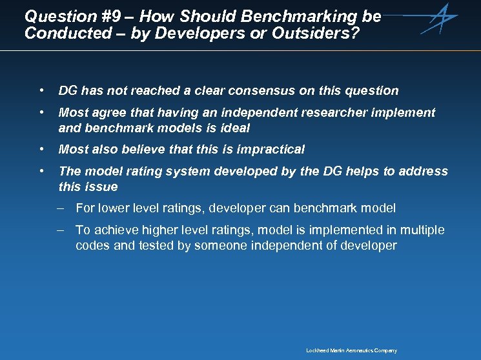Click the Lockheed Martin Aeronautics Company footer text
tap(351, 351)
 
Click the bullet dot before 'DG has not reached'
tap(41, 90)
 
